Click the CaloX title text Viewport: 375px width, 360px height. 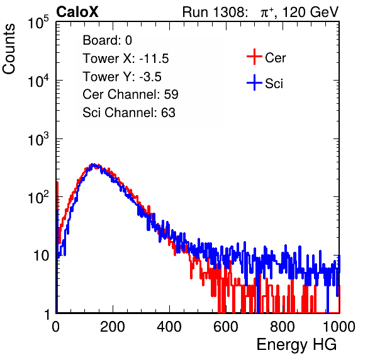77,12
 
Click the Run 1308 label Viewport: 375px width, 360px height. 215,12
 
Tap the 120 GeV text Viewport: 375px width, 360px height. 311,12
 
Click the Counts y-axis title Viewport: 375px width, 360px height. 9,49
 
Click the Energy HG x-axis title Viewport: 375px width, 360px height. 296,345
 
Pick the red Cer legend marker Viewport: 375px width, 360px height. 254,57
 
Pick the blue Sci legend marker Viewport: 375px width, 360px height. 254,82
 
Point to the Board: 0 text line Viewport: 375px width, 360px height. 107,40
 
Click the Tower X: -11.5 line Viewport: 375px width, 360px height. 126,59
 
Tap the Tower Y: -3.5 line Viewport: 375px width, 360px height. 122,77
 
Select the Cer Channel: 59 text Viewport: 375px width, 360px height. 130,94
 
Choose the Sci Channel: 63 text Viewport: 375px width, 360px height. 129,113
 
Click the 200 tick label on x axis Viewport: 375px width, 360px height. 113,327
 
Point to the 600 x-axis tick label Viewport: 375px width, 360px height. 226,327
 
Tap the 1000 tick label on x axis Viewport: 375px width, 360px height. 339,327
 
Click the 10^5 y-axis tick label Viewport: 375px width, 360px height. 38,23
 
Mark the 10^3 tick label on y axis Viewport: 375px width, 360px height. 38,139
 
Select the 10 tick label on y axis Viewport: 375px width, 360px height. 41,256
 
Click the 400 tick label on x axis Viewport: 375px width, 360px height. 169,327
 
